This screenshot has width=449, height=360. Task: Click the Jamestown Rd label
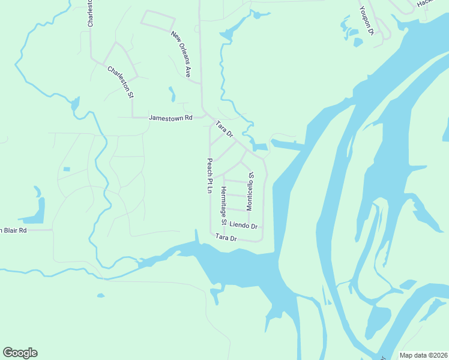click(170, 118)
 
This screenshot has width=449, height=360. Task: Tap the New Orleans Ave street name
click(181, 55)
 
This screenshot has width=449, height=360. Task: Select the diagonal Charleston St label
click(120, 82)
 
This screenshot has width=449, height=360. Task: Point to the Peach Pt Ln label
click(210, 176)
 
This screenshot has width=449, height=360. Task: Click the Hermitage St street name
click(223, 205)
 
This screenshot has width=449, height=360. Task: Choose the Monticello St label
click(250, 191)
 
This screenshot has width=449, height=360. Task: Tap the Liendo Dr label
click(244, 226)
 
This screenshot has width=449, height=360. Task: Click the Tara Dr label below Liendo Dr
click(226, 238)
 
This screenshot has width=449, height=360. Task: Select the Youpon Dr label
click(367, 22)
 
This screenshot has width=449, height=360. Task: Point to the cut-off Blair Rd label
click(13, 230)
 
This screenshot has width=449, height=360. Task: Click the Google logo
click(20, 353)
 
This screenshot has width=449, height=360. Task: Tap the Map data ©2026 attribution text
click(423, 355)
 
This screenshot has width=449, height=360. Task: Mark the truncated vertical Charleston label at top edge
click(91, 12)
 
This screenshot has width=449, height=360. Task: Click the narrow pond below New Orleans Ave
click(172, 94)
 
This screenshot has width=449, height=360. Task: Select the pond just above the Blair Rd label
click(36, 210)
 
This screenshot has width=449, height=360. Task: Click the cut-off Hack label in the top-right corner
click(424, 3)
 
